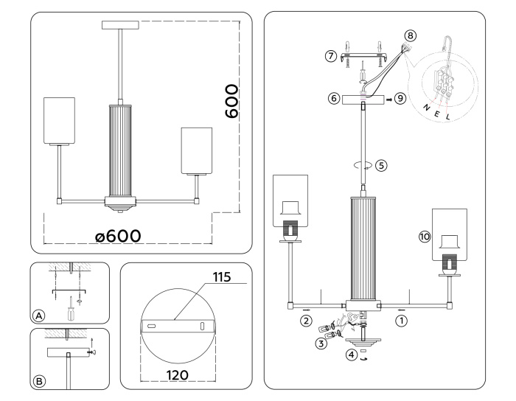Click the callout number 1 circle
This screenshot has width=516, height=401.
pos(402,321)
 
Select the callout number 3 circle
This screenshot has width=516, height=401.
pos(321,343)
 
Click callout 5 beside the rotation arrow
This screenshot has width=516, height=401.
pos(381,165)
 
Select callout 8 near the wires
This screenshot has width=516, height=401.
pos(411,34)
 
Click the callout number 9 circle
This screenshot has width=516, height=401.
pos(400,97)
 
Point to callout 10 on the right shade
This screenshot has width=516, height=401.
pos(424,237)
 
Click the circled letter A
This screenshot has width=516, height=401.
pos(39,315)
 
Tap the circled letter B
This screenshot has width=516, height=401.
pos(39,381)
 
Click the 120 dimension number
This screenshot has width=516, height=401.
pos(176,374)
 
